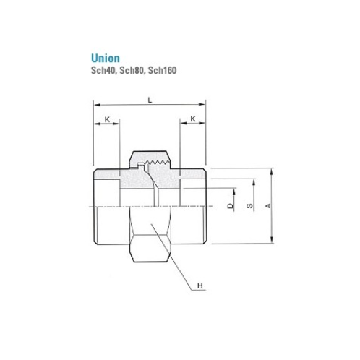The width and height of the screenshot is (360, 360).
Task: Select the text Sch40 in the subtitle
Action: click(x=102, y=71)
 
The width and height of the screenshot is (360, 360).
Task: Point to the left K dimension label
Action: click(x=106, y=118)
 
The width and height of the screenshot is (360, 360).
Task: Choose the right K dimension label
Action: click(x=193, y=118)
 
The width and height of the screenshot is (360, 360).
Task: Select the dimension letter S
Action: click(x=249, y=207)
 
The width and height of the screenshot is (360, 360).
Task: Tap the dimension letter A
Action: click(x=269, y=207)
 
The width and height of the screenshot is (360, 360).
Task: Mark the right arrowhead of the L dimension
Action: click(x=205, y=108)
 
